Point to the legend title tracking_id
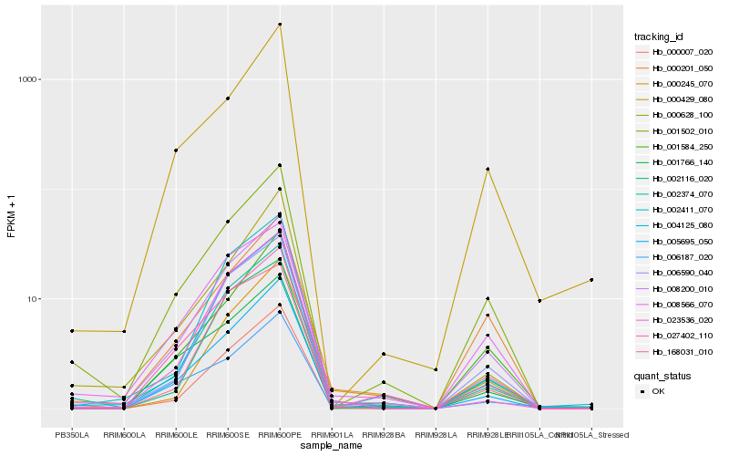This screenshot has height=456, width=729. click(659, 36)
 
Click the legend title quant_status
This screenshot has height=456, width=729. click(662, 375)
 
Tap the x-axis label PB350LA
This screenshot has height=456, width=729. click(72, 435)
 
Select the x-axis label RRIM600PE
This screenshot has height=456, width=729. click(280, 435)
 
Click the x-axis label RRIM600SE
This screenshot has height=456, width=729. click(228, 435)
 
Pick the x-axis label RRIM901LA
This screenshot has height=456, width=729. click(332, 435)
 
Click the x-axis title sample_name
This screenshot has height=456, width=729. click(332, 446)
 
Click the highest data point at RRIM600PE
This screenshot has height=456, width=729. click(280, 25)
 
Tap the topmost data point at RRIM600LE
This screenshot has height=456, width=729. click(176, 150)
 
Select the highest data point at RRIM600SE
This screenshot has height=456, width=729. click(228, 98)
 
